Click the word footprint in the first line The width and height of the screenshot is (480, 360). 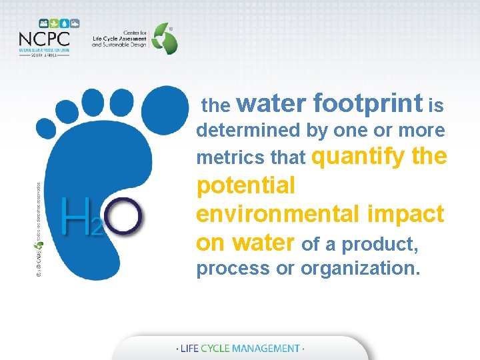point(367,104)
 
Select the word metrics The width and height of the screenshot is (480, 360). point(223,159)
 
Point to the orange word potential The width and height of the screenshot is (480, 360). point(245,186)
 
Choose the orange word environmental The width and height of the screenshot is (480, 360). point(278,214)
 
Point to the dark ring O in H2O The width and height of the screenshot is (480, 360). point(123,217)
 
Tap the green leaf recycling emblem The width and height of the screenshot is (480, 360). point(165,38)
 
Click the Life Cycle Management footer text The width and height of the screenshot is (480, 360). point(239,348)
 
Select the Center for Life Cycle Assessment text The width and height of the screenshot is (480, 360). point(118,39)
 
